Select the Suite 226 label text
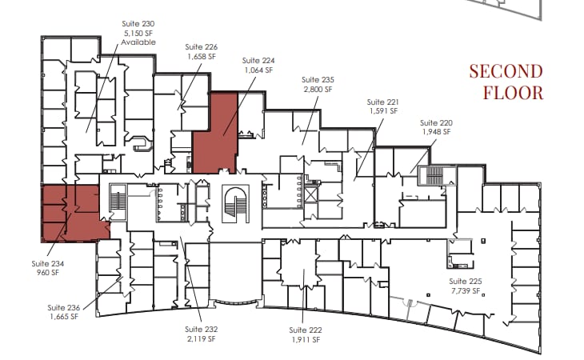click(201, 47)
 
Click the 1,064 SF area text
click(257, 70)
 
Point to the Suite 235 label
click(317, 80)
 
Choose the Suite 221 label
click(382, 102)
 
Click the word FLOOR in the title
click(514, 92)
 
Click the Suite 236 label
click(63, 308)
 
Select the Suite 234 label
click(48, 263)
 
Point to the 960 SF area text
click(48, 273)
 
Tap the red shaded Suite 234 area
click(72, 213)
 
